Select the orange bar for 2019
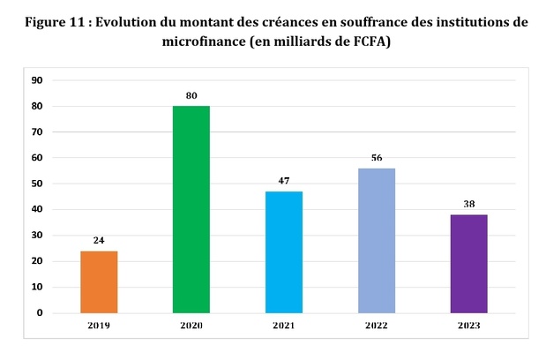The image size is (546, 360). coord(99,281)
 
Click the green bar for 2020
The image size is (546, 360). coord(191,209)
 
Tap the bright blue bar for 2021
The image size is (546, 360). coord(284,251)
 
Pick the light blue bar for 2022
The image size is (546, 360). coord(377,240)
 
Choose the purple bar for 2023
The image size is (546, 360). coord(469,263)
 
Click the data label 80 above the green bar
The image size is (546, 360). coord(191,95)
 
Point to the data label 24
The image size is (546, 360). coord(99,240)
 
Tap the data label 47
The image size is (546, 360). coord(284,181)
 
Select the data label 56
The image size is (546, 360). coord(377,158)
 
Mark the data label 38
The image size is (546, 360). coord(469,204)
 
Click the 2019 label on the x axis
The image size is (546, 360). coord(99,326)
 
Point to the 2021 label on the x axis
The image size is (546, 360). coord(284,326)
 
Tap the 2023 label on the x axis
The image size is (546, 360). coord(469,326)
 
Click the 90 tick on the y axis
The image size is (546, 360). coord(37,80)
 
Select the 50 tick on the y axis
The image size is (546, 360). coord(37,184)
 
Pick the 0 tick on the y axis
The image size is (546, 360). coord(40,312)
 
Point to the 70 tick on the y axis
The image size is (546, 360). coord(37,132)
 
